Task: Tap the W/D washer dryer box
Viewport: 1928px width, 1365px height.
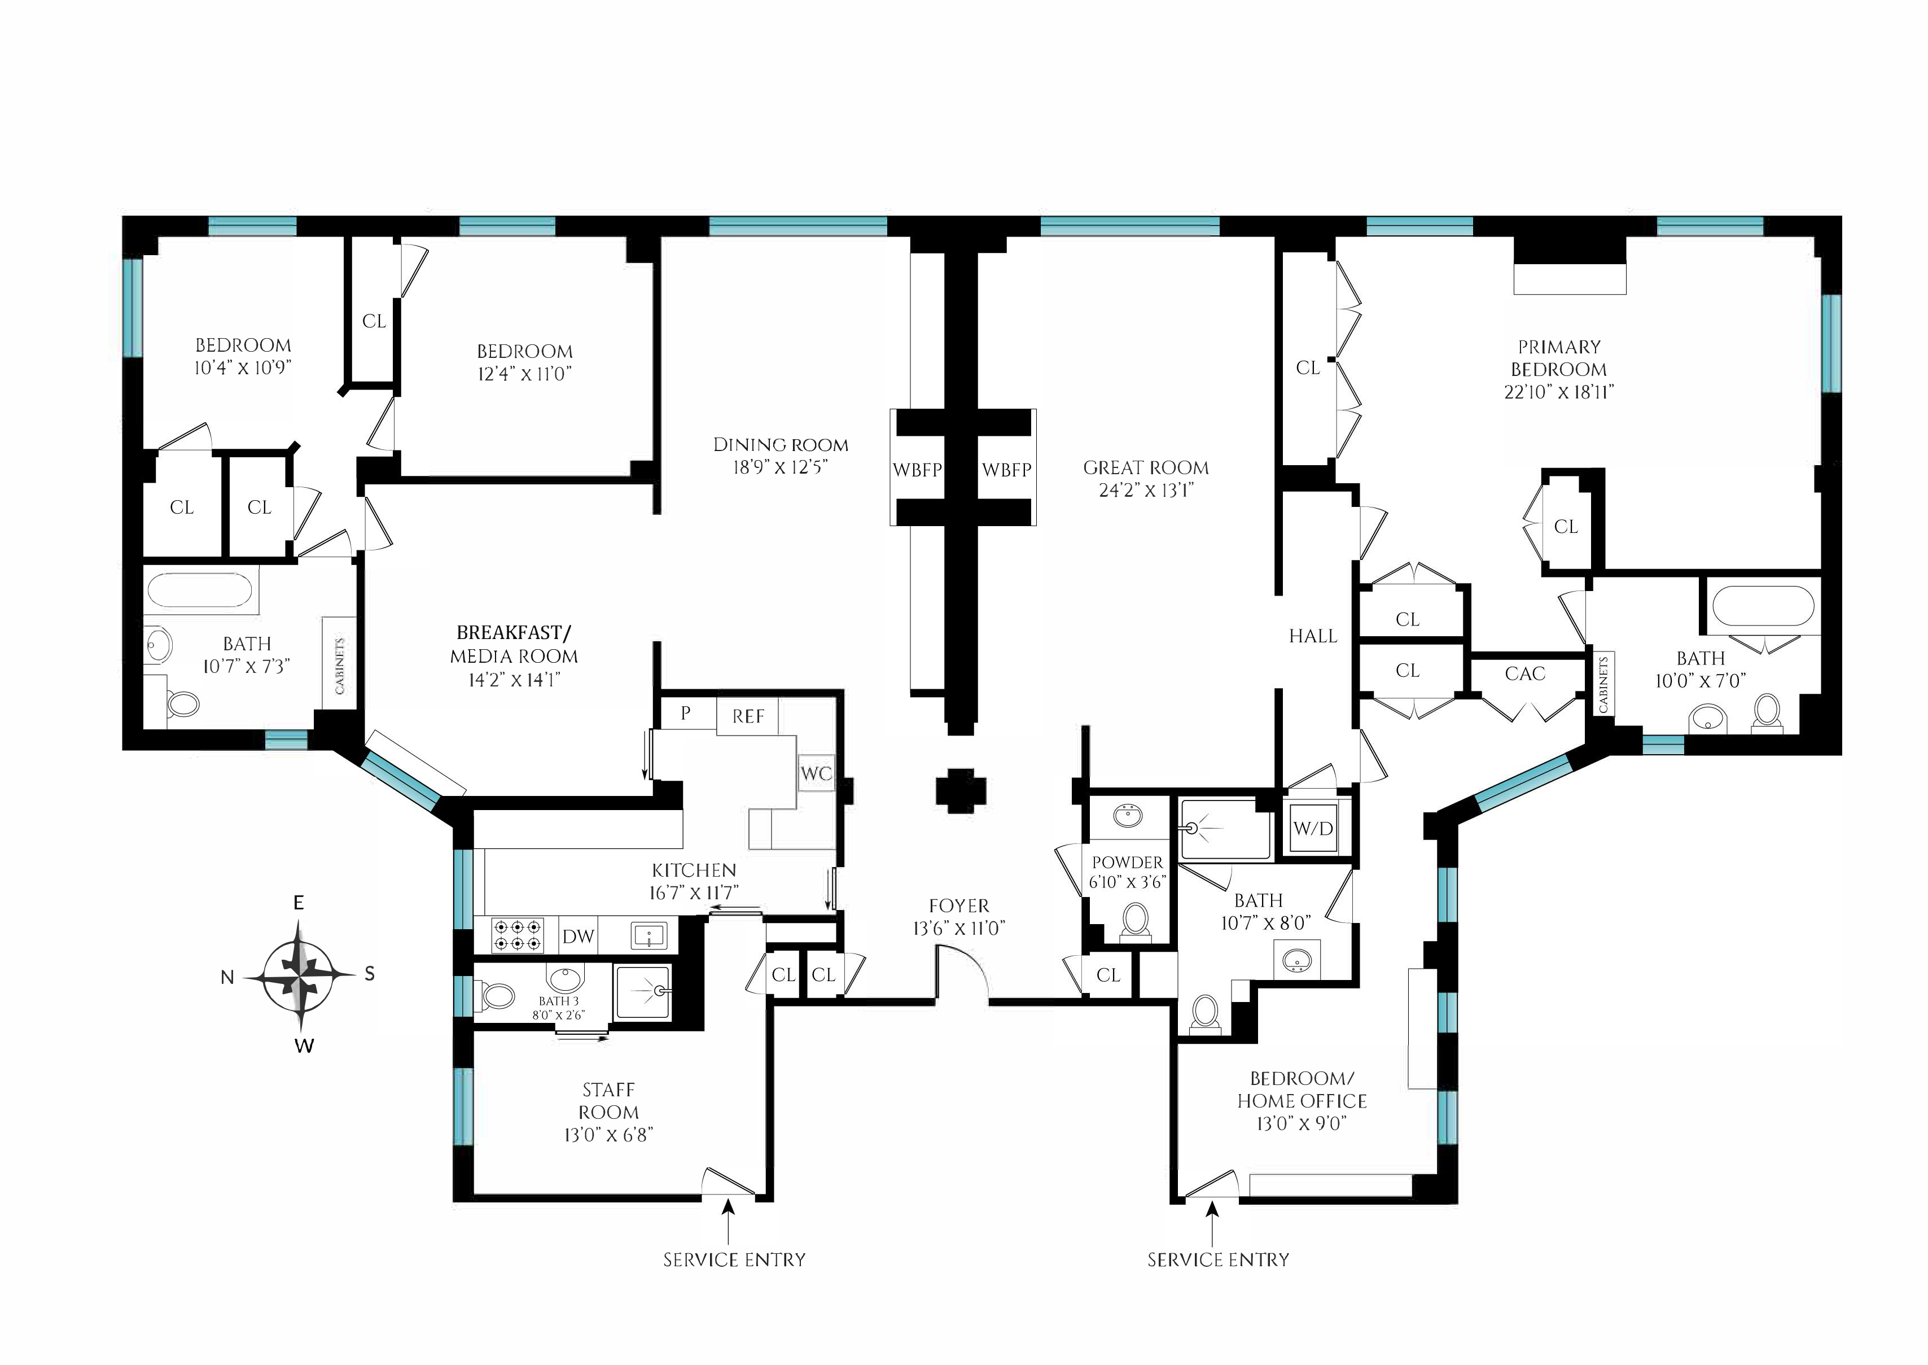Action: (1313, 829)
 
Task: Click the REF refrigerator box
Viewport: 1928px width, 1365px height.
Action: (747, 716)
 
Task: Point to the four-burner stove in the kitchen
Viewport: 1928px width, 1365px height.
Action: (516, 935)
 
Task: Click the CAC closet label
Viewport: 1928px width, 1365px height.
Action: (1524, 673)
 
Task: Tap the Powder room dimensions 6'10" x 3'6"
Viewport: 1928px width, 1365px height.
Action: (1127, 882)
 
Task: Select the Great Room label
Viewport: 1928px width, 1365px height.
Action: (1146, 467)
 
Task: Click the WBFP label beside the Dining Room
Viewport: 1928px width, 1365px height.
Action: (917, 470)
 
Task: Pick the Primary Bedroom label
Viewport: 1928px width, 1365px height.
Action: (1559, 358)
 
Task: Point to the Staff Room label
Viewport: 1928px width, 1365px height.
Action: (608, 1100)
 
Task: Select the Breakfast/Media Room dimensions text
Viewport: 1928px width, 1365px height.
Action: (514, 679)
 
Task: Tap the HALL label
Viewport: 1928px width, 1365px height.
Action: (1313, 636)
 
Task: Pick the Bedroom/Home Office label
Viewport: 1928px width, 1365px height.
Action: (1302, 1090)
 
